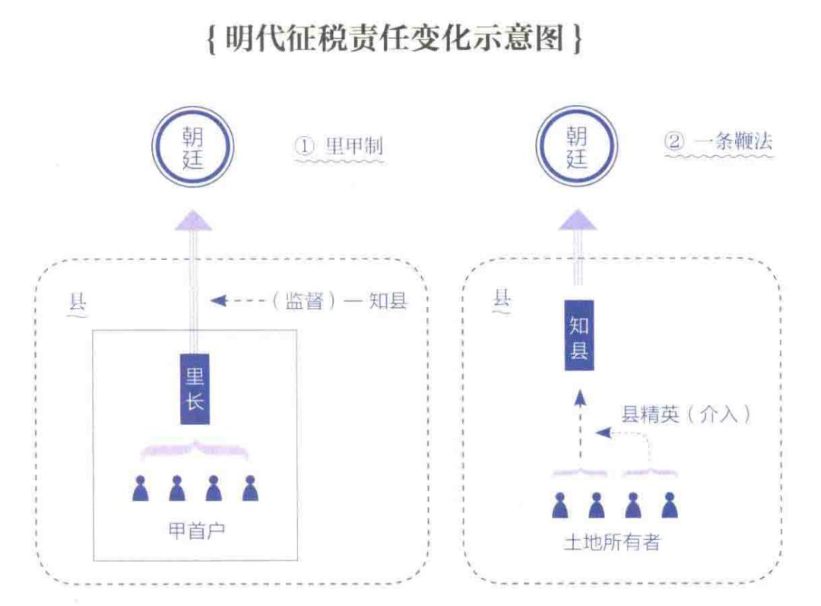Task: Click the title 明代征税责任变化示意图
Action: click(x=395, y=37)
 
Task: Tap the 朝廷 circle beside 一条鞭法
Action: click(x=576, y=148)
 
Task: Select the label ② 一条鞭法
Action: click(x=719, y=141)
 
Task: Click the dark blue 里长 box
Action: click(x=195, y=389)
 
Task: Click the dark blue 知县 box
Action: click(x=579, y=340)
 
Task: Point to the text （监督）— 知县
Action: click(x=339, y=301)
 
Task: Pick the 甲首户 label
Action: click(x=196, y=531)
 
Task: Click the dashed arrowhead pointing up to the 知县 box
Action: click(x=579, y=398)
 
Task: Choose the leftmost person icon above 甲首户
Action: click(x=140, y=489)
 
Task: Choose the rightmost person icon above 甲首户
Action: click(x=250, y=489)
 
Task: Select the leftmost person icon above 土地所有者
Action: click(x=560, y=505)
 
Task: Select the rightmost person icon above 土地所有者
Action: click(x=669, y=505)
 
